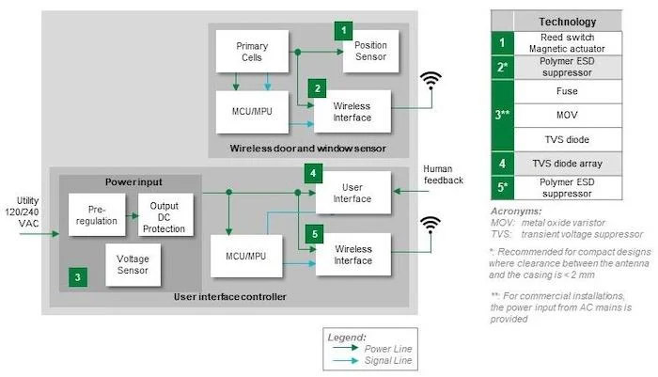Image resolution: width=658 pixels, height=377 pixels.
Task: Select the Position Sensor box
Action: click(x=369, y=52)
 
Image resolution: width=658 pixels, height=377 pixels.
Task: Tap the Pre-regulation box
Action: click(x=94, y=215)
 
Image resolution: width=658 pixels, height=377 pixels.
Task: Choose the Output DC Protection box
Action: click(x=164, y=215)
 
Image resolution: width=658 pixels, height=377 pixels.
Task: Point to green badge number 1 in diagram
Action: click(x=345, y=30)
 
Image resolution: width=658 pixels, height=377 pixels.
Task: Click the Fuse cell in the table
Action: click(x=567, y=92)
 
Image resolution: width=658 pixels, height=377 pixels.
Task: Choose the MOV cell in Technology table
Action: click(x=567, y=116)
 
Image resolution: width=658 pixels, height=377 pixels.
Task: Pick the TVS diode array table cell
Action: click(x=567, y=162)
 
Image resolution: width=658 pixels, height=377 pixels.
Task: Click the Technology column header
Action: click(x=567, y=22)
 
